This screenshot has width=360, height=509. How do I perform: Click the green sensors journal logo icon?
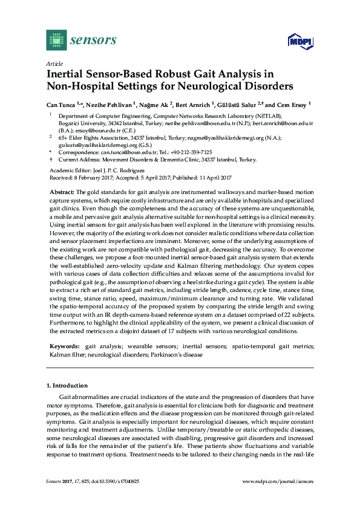pyautogui.click(x=56, y=41)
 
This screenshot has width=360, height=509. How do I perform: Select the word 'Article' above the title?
pyautogui.click(x=54, y=63)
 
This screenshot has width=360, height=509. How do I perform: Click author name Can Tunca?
pyautogui.click(x=62, y=104)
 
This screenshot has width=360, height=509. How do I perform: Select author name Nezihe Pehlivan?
pyautogui.click(x=110, y=104)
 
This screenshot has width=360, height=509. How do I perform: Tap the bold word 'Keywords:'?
pyautogui.click(x=64, y=346)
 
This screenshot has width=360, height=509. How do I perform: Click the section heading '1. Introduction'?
pyautogui.click(x=67, y=385)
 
